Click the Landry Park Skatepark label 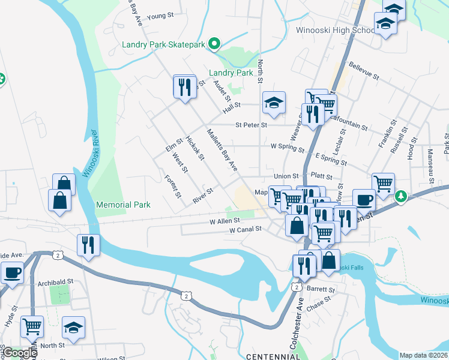163,44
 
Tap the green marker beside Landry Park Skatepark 213,43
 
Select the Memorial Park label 123,205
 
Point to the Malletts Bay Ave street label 221,149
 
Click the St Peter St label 251,125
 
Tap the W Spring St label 288,146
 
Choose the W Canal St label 246,229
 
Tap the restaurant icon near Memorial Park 88,245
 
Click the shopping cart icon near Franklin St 382,182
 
